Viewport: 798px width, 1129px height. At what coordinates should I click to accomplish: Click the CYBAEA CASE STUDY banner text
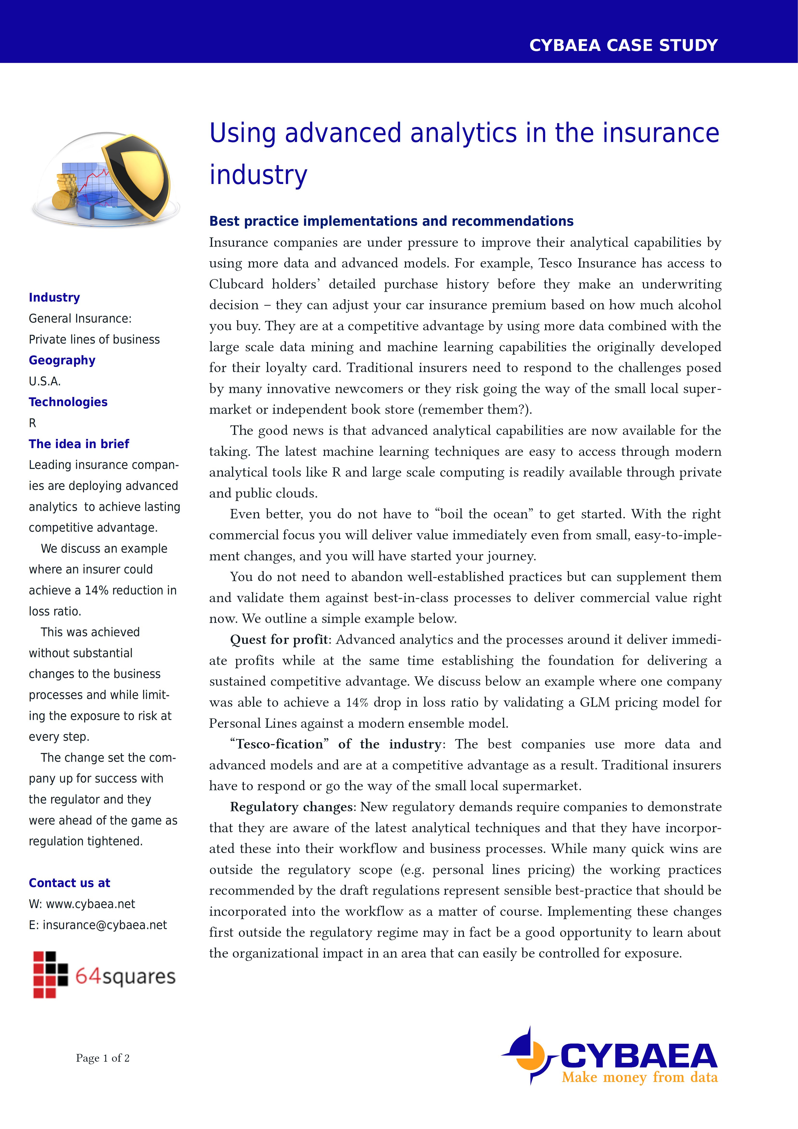[x=623, y=45]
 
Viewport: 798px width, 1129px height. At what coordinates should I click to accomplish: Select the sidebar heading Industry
[x=54, y=297]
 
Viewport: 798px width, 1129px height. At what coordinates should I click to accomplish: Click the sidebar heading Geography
[x=62, y=360]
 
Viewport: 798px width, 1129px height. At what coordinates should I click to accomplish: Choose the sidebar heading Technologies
[x=68, y=402]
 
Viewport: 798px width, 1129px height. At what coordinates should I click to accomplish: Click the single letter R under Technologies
[x=32, y=423]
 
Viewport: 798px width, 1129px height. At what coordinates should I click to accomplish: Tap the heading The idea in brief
[x=79, y=444]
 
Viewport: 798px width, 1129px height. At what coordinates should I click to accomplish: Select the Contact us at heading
[x=69, y=883]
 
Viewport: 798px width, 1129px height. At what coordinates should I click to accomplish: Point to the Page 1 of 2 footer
[x=103, y=1058]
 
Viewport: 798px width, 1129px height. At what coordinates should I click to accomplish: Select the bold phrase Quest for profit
[x=279, y=640]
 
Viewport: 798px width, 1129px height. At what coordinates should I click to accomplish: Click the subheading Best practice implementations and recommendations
[x=391, y=221]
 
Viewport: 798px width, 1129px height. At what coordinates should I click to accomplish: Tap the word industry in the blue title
[x=258, y=175]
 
